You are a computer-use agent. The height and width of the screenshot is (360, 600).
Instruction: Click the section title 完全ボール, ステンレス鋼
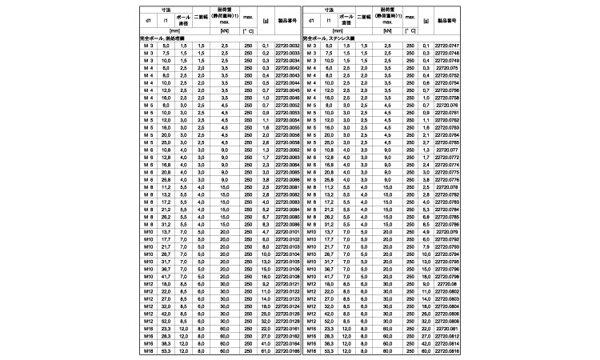(330, 38)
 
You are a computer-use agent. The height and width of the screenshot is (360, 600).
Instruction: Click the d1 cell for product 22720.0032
(147, 46)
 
